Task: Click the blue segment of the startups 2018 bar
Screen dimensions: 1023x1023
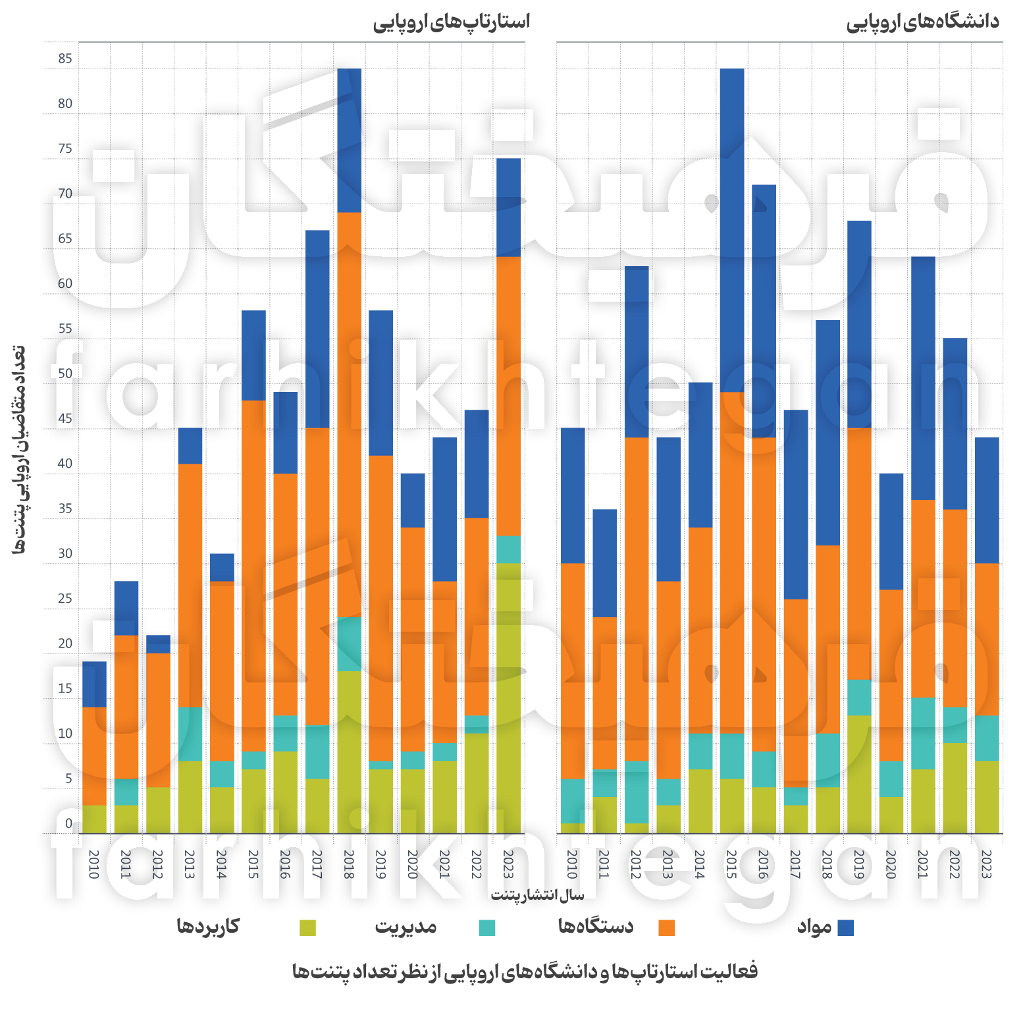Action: [349, 140]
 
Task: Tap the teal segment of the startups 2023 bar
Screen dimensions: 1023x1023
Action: [508, 549]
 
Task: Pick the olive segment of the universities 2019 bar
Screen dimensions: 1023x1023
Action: [859, 774]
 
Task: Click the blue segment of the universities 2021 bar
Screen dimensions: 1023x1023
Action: [923, 378]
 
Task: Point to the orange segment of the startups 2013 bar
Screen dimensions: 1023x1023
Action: [190, 585]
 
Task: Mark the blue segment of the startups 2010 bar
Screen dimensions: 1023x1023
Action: [94, 684]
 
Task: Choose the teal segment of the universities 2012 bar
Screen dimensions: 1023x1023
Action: [637, 792]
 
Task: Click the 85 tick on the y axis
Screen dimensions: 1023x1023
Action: [65, 59]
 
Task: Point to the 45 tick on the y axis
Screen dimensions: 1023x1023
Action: [65, 419]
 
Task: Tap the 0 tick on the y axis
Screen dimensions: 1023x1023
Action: [68, 824]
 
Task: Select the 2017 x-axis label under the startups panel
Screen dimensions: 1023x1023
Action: [317, 864]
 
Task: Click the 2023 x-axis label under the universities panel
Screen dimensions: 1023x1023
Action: [986, 864]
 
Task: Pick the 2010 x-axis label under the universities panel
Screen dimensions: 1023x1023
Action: [572, 864]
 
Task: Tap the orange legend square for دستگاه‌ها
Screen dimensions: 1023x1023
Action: [666, 927]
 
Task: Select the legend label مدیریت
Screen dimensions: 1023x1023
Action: [406, 926]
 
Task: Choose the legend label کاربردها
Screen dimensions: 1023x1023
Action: [208, 926]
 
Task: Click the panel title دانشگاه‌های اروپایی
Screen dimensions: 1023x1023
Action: [922, 22]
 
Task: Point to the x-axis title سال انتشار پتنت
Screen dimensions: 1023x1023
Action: [537, 895]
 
